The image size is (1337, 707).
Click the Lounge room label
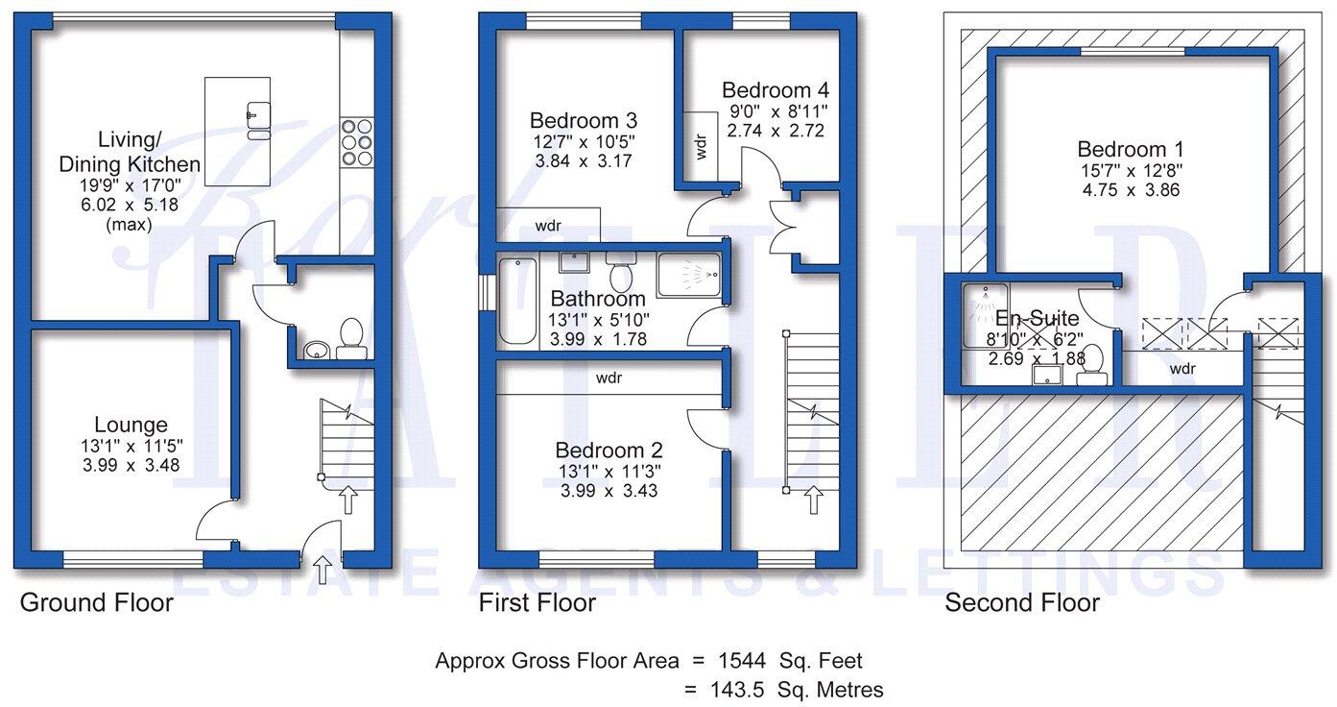coord(131,425)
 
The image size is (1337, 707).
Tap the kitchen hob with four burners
coord(357,141)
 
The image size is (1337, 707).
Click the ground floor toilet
coord(350,338)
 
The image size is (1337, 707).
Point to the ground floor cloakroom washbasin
coord(315,350)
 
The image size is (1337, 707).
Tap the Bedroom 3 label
coord(583,121)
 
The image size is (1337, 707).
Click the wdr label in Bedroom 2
coord(609,378)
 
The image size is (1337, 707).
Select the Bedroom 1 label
coord(1130,150)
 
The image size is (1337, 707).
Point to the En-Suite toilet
coord(1091,369)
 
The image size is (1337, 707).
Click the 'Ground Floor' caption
coord(96,603)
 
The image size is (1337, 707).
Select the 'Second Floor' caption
coord(1021,603)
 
